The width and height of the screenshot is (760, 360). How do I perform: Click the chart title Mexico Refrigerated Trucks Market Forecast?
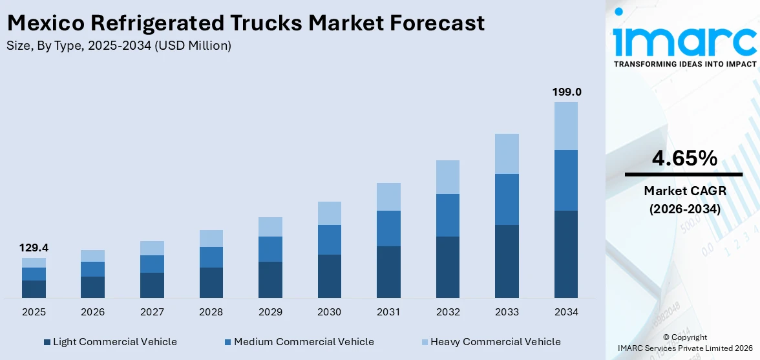coord(246,23)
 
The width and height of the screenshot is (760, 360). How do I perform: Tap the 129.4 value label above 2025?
coord(34,248)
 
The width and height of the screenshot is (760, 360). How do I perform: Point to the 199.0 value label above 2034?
coord(566,92)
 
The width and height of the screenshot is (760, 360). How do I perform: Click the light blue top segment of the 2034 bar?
coord(566,126)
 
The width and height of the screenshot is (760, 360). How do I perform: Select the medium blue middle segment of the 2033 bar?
coord(507,199)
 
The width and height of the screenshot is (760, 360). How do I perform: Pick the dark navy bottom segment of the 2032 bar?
coord(448,267)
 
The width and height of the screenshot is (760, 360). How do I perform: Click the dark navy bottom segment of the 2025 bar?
coord(34,289)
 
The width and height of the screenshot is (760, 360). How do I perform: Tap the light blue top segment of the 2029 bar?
coord(270,227)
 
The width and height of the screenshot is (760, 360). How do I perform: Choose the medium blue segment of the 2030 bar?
coord(329,240)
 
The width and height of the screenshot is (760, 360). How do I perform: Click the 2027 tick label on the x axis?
coord(152,312)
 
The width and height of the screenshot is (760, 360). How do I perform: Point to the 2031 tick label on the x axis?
coord(388,312)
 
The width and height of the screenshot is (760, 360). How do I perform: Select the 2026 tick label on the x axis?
coord(93,312)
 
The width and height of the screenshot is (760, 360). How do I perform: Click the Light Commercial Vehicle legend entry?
coord(110,341)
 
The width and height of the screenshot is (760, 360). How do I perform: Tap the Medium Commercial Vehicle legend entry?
coord(299,341)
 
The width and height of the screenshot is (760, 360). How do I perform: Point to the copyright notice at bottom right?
coord(684,343)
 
